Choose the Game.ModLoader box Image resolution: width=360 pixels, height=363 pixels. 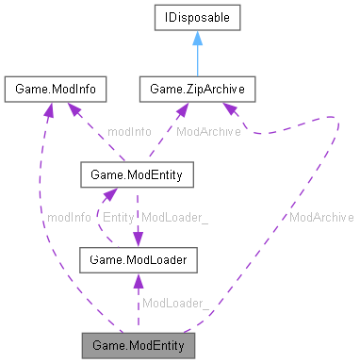(138, 258)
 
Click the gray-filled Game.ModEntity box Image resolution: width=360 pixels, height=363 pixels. (138, 344)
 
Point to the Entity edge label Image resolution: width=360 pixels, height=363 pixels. (118, 217)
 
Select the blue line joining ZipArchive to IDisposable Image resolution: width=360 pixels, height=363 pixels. (198, 61)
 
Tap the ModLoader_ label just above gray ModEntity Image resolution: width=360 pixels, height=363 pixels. (174, 303)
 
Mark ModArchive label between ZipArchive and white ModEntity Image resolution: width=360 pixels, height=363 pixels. (208, 131)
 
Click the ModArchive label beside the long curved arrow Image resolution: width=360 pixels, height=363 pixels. (321, 217)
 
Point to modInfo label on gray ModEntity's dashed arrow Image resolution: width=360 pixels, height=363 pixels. (68, 217)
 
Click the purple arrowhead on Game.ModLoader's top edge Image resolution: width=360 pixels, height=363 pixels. (139, 241)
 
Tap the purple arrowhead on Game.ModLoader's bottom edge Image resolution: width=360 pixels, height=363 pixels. (138, 277)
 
